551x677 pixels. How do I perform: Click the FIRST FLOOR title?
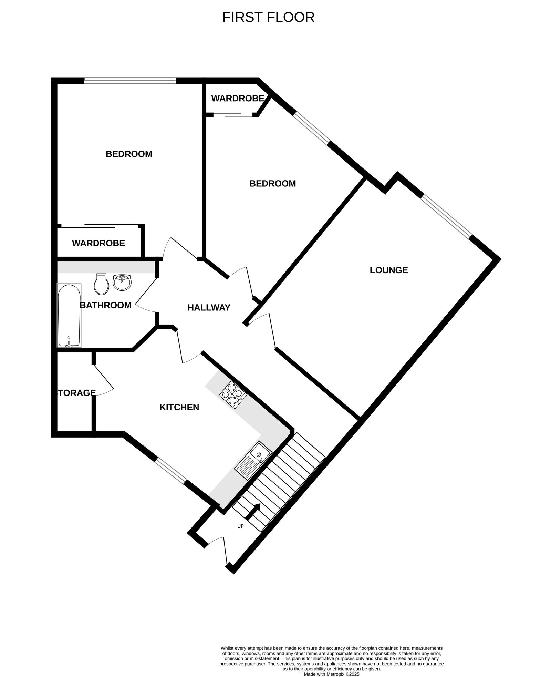[268, 17]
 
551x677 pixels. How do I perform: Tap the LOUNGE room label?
[389, 270]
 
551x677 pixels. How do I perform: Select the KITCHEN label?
[179, 407]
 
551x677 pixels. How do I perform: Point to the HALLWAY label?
[209, 308]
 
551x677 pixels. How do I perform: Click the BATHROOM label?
[105, 305]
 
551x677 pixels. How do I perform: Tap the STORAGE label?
[76, 393]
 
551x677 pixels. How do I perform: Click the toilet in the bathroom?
[101, 284]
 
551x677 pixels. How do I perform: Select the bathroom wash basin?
[122, 283]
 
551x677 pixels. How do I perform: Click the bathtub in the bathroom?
[69, 315]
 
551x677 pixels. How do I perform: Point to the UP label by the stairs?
[240, 526]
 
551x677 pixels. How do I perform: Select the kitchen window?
[170, 471]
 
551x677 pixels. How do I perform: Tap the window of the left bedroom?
[130, 81]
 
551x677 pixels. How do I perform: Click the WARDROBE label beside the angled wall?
[238, 99]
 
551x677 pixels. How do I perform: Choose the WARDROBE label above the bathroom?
[98, 243]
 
